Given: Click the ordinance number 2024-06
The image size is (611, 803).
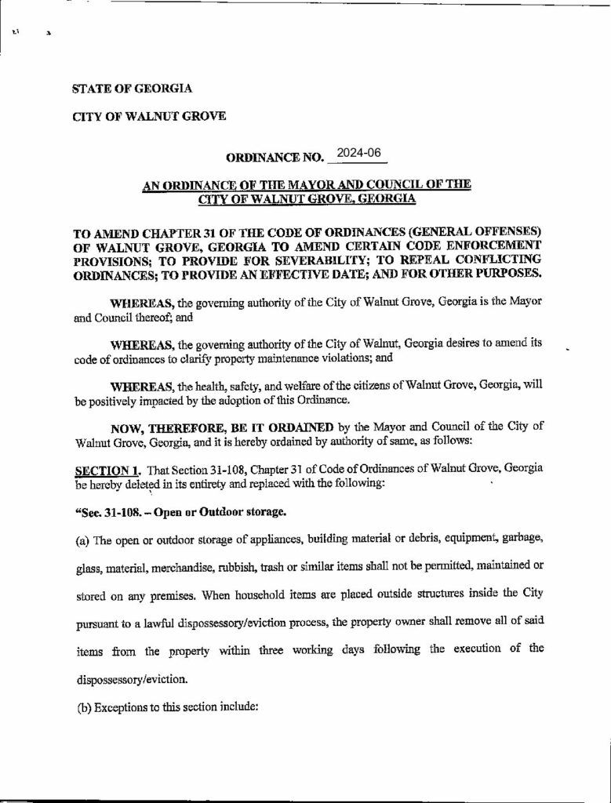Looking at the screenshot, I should pos(358,154).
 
